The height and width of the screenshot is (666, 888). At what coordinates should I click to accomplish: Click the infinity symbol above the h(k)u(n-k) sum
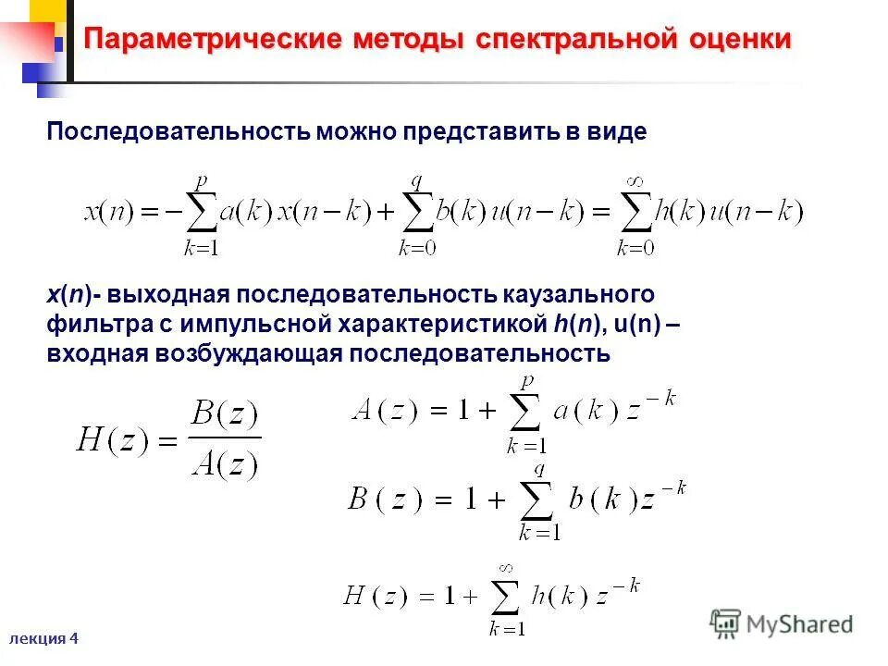pyautogui.click(x=634, y=182)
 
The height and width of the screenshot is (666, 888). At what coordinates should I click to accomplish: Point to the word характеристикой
pyautogui.click(x=439, y=324)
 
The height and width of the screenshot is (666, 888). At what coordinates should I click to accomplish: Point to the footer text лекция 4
pyautogui.click(x=45, y=638)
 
